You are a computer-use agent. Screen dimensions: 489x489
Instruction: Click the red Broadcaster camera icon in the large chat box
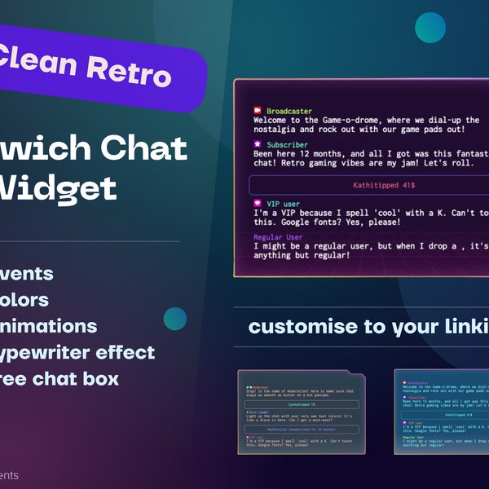pyautogui.click(x=257, y=110)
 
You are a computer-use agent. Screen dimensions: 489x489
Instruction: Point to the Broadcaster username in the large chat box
pyautogui.click(x=289, y=110)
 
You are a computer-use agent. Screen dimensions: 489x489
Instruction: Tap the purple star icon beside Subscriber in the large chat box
pyautogui.click(x=257, y=143)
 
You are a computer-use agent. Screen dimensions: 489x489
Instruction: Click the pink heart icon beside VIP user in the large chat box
pyautogui.click(x=257, y=203)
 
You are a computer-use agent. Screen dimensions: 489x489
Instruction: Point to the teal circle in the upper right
pyautogui.click(x=430, y=27)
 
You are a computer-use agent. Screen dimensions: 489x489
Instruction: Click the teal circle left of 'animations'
pyautogui.click(x=174, y=319)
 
